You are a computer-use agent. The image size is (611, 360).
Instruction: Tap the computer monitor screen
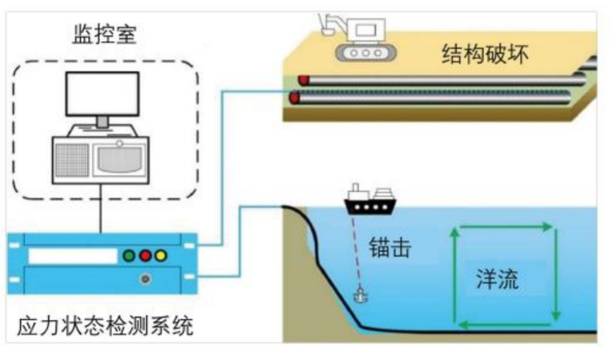[103, 94]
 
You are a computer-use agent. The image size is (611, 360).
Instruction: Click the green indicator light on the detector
[128, 256]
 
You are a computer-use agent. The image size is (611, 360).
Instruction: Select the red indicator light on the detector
[144, 256]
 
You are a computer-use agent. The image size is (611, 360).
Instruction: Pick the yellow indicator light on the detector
[160, 256]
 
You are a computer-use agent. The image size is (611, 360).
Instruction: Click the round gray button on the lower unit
[144, 279]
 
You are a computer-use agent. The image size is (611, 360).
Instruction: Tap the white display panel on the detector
[72, 256]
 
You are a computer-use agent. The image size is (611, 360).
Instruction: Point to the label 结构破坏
[485, 56]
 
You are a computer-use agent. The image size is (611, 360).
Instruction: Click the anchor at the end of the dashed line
[360, 295]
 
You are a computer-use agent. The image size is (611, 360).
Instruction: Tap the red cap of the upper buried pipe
[304, 79]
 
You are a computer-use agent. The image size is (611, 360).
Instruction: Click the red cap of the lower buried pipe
[295, 97]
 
